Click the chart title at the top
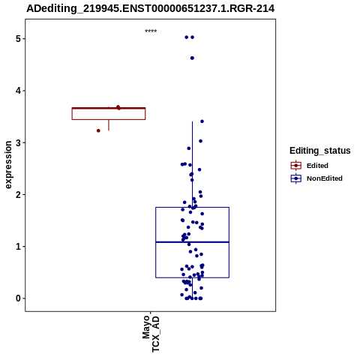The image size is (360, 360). click(x=151, y=8)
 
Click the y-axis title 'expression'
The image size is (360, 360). click(x=8, y=165)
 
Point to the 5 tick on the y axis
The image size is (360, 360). click(x=18, y=39)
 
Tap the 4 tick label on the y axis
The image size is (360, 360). click(x=18, y=91)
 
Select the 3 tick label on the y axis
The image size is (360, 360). click(x=18, y=142)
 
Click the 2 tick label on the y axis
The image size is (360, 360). click(x=18, y=194)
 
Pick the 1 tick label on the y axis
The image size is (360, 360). click(x=18, y=247)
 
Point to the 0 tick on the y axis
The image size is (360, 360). click(x=18, y=298)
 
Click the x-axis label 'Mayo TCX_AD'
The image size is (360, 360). click(x=151, y=334)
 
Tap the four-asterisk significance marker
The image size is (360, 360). click(x=151, y=31)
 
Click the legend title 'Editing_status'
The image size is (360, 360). click(x=320, y=151)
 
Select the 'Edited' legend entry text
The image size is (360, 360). click(x=317, y=166)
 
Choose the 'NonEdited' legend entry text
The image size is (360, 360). click(x=325, y=178)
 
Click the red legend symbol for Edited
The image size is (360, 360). click(x=296, y=166)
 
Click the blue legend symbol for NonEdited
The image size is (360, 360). click(x=296, y=178)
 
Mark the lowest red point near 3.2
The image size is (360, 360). click(x=98, y=130)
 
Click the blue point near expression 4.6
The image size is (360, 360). click(x=192, y=58)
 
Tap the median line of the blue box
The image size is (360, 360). click(x=193, y=242)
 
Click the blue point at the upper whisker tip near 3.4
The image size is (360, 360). click(x=202, y=121)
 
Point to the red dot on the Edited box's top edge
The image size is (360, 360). click(x=118, y=107)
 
